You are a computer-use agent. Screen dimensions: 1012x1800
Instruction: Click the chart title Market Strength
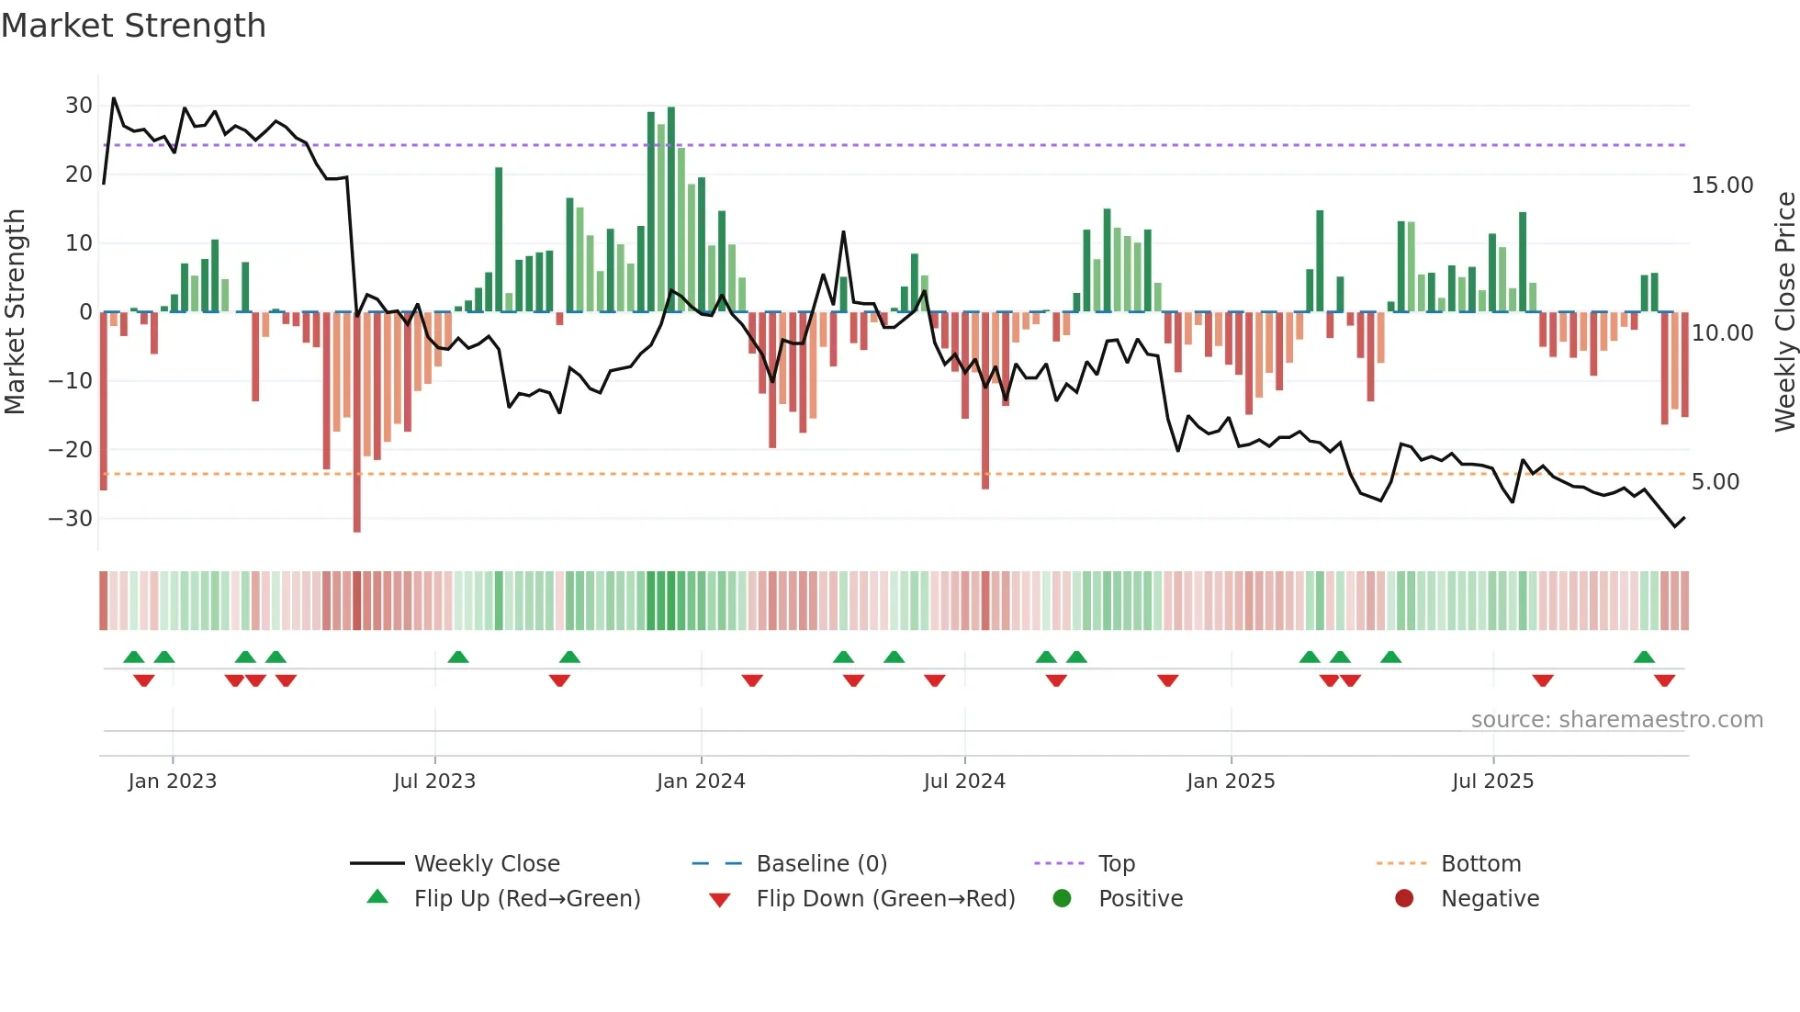[133, 26]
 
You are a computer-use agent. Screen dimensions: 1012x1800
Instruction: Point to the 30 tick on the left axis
[78, 106]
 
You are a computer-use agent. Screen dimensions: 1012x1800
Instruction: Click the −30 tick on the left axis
[71, 519]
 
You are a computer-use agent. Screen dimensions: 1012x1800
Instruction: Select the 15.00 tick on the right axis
[1722, 186]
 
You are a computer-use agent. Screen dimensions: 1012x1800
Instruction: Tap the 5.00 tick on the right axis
[1715, 482]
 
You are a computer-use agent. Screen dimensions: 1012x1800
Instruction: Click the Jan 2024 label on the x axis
[701, 781]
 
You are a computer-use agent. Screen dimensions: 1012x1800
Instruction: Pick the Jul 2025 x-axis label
[1492, 781]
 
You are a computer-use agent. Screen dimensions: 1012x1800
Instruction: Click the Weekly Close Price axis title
[1784, 312]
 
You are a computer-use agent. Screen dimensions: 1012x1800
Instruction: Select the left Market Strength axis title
[15, 312]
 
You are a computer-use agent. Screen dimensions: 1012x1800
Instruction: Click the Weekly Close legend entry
[486, 864]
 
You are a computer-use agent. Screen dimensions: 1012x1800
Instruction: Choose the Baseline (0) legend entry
[821, 864]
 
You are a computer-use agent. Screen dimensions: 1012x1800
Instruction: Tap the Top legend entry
[1116, 864]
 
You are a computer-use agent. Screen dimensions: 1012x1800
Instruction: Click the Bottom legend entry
[1480, 864]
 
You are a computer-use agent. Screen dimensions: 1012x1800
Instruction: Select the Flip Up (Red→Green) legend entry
[526, 899]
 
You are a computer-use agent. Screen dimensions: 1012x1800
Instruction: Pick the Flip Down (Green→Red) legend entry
[885, 899]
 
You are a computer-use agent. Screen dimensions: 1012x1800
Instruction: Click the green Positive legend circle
[1063, 899]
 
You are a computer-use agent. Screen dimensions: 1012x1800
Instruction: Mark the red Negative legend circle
[1404, 899]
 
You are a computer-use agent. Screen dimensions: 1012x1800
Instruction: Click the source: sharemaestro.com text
[1616, 720]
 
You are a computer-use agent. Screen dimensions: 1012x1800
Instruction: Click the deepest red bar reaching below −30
[357, 422]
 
